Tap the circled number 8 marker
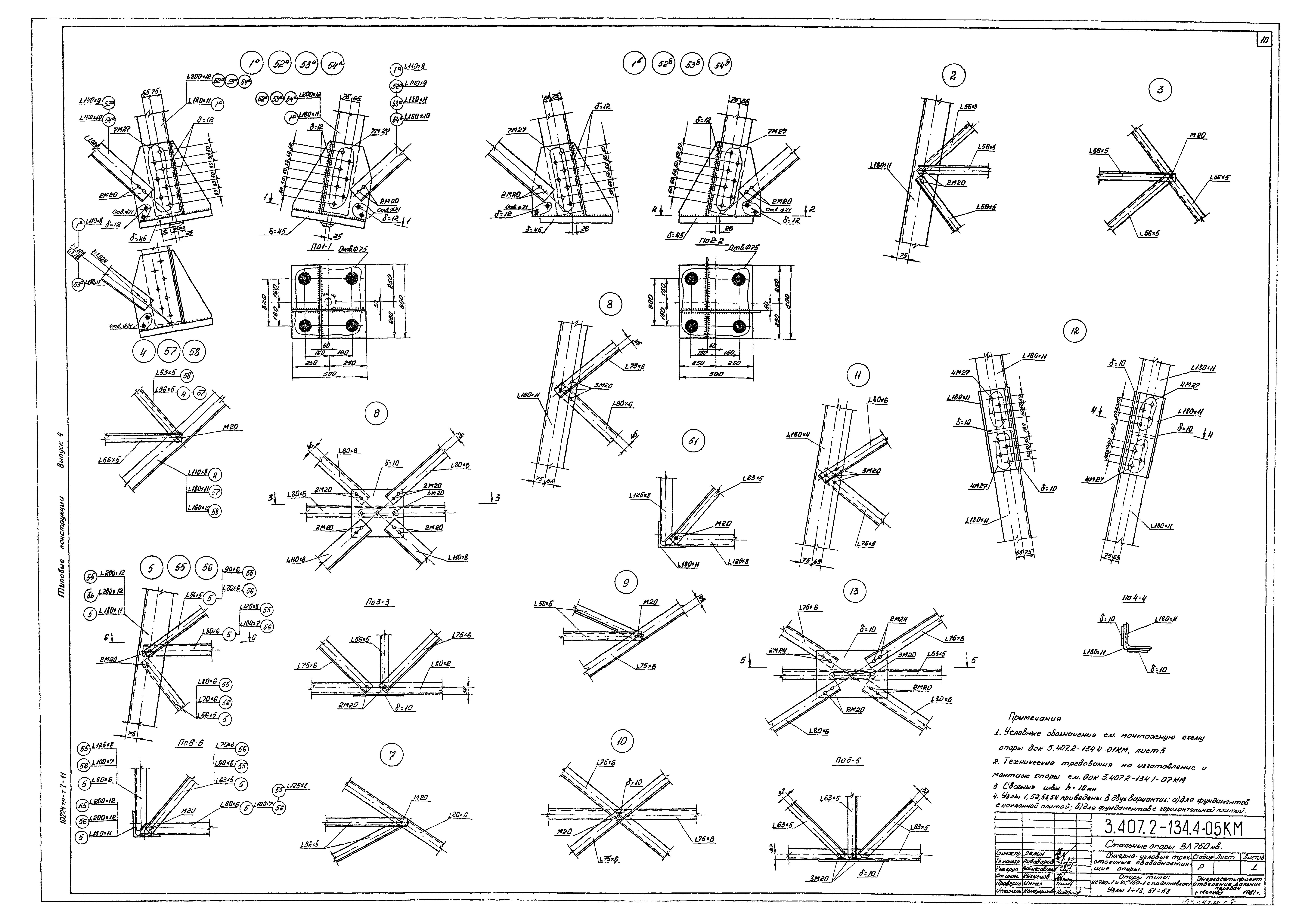coord(610,304)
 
